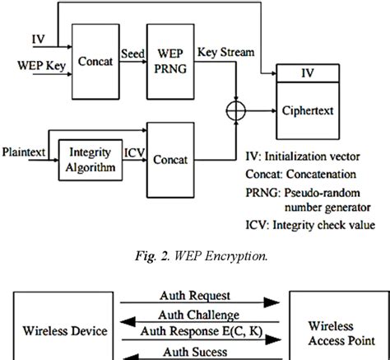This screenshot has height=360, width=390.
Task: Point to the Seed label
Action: pos(133,51)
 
